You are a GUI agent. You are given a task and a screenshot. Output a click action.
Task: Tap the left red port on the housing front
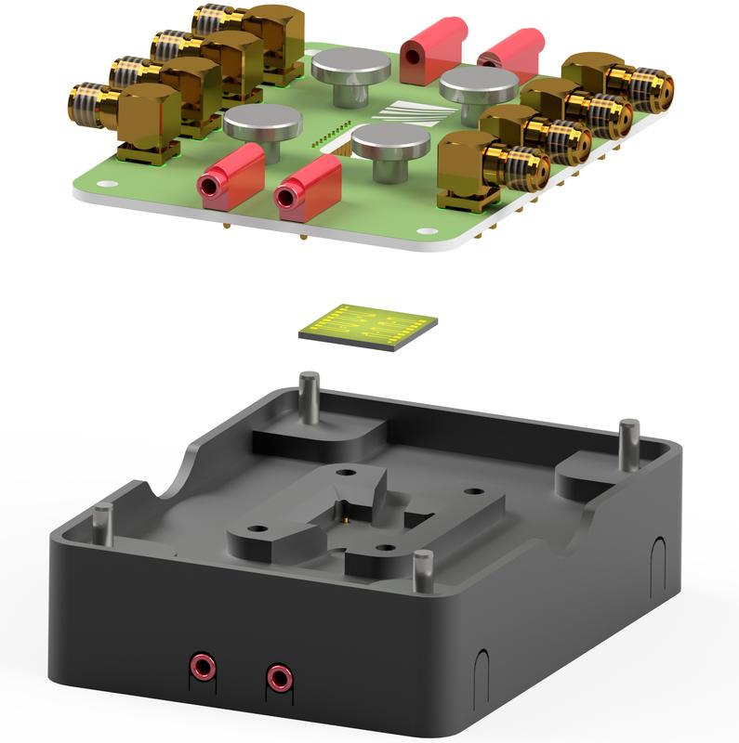(201, 666)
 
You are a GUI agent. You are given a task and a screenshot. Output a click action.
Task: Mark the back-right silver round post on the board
(478, 91)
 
